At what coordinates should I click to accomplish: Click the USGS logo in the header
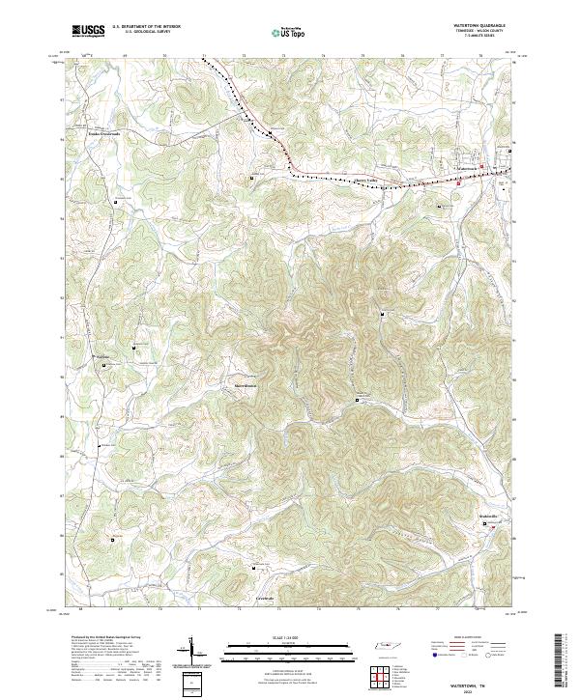click(88, 31)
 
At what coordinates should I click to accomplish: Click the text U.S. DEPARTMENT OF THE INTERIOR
click(146, 27)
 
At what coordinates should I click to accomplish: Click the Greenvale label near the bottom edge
click(264, 599)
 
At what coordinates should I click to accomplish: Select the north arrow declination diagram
click(194, 652)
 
